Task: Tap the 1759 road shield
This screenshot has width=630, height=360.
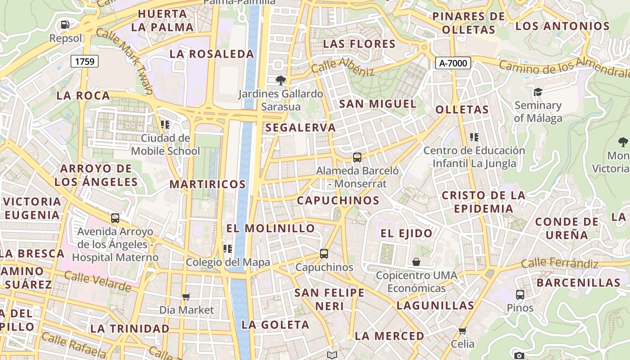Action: tap(85, 61)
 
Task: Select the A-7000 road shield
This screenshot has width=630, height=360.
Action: tap(453, 63)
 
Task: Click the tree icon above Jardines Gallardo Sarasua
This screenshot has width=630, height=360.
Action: tap(281, 81)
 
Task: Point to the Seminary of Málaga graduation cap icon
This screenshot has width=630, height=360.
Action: tap(538, 92)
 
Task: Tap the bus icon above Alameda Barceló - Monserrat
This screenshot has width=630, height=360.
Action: tap(357, 157)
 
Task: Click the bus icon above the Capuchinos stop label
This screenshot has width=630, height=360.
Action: tap(324, 253)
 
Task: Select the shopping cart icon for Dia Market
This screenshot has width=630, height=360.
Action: tap(186, 297)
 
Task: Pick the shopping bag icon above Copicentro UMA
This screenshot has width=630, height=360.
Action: tap(416, 261)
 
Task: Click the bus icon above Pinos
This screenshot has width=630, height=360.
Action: tap(520, 295)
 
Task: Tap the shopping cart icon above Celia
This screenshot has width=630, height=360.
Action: tap(462, 331)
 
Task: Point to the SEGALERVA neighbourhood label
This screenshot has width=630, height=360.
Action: tap(301, 127)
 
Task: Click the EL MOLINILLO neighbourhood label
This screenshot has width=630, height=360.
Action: tap(270, 228)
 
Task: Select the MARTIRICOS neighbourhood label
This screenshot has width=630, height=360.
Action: tap(207, 184)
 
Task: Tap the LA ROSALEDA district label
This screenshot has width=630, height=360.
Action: tap(212, 54)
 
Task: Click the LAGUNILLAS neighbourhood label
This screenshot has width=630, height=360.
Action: tap(435, 306)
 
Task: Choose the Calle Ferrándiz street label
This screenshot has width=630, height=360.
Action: tap(560, 263)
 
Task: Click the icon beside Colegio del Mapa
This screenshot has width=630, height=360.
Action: tap(228, 248)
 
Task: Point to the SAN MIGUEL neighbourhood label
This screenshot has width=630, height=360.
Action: tap(378, 104)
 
